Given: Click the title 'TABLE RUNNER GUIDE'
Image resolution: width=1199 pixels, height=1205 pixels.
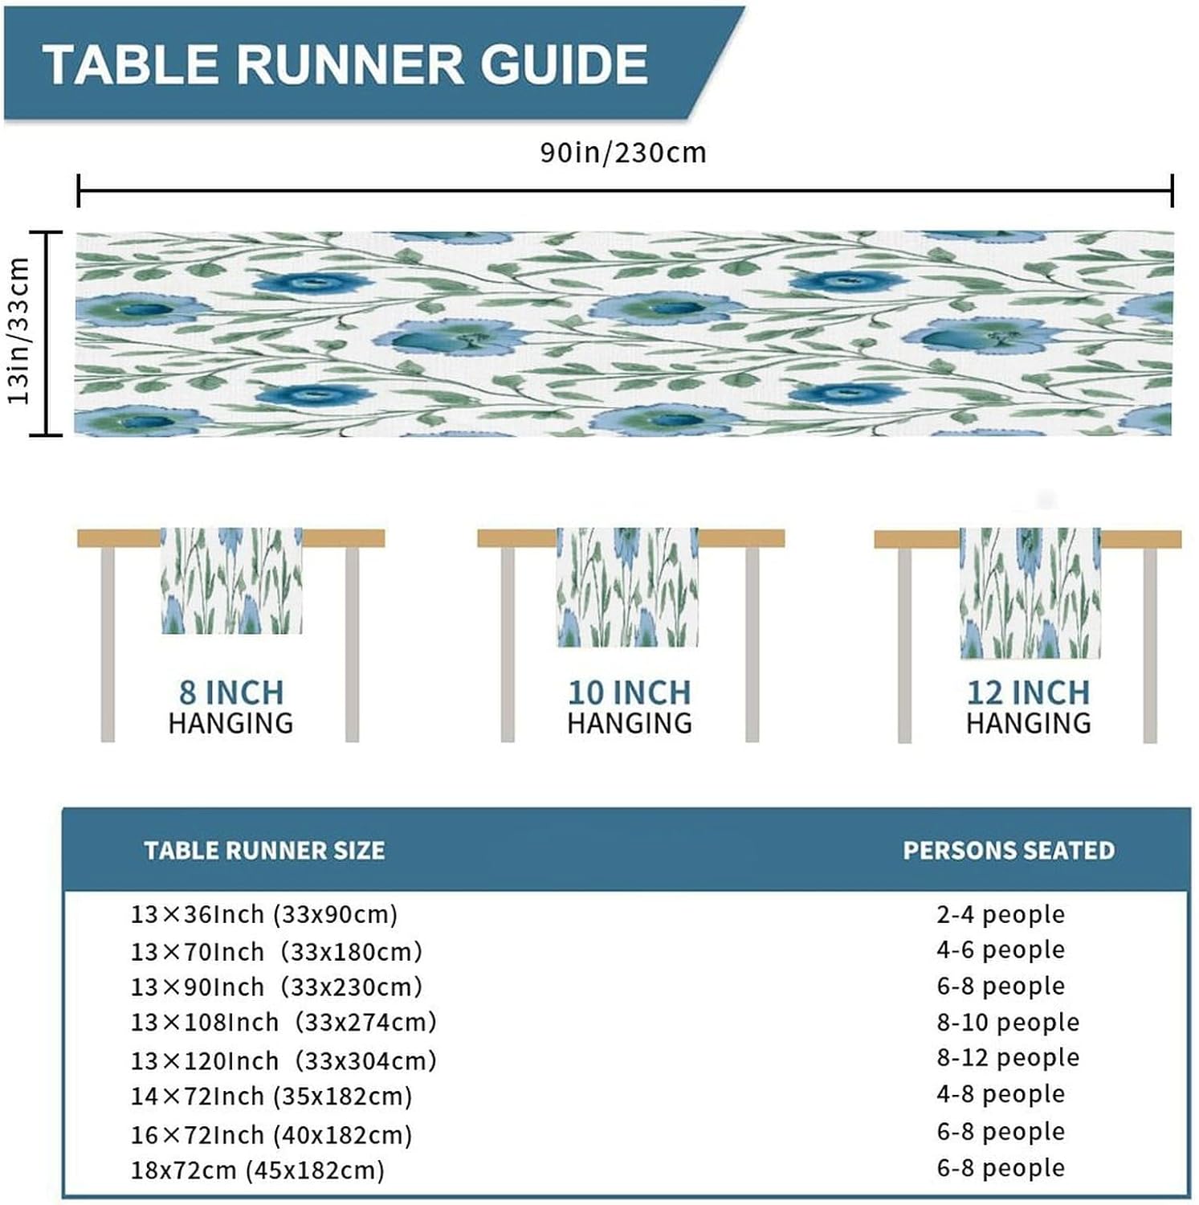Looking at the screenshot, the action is point(345,64).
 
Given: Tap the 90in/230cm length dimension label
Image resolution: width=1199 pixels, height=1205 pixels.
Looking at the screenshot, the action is point(623,152).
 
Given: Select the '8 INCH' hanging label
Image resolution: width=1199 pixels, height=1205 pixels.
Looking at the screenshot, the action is point(231,692).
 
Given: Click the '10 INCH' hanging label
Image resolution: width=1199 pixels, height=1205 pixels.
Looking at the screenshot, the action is point(630,692).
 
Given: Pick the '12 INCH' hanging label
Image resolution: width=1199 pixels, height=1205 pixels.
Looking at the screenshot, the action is point(1029,692).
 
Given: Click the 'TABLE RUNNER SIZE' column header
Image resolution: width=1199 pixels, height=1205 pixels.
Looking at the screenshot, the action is point(264,850).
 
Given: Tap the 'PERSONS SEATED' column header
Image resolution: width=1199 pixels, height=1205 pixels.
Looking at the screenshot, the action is point(1009,850).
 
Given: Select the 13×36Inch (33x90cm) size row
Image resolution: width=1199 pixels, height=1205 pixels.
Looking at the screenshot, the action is point(264,914).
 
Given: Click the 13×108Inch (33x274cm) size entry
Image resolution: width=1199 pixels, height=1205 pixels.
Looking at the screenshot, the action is point(283,1022).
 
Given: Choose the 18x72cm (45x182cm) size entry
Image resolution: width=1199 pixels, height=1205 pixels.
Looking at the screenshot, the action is point(258,1170).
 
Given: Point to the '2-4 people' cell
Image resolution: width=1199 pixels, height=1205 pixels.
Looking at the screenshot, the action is point(1001,914).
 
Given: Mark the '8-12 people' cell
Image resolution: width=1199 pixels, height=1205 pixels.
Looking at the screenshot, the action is point(1008,1057).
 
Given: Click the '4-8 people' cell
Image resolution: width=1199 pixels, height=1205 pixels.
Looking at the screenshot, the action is point(1001,1093).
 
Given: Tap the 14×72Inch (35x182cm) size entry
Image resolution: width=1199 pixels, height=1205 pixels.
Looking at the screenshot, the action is point(271,1097).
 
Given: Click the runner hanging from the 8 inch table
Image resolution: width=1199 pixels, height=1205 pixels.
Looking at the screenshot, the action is point(231,580).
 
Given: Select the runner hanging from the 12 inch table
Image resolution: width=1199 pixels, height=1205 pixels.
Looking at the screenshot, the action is point(1030,593).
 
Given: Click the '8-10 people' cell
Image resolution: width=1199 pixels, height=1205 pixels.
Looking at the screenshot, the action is point(1008,1022).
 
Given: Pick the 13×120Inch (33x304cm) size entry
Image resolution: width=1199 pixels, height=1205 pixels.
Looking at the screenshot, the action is point(283,1060).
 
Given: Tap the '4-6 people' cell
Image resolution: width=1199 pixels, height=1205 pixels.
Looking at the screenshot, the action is point(1001,950).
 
